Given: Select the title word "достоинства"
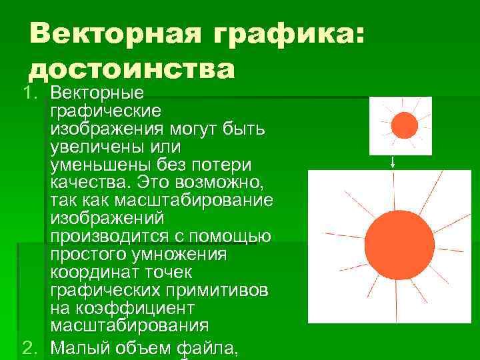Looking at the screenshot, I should [132, 69].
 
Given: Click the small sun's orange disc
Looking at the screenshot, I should [404, 125].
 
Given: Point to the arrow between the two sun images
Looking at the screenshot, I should [393, 161].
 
